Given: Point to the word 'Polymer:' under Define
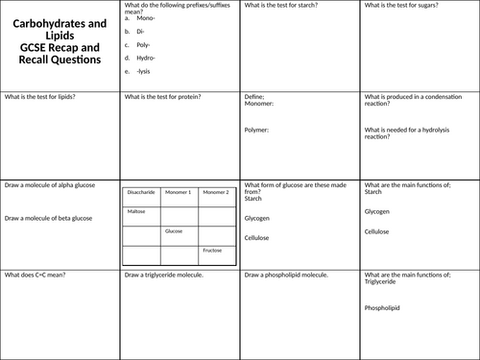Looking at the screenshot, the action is point(257,129).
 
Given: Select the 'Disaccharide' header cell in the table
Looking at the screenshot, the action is point(141,193).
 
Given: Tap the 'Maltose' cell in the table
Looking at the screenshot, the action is point(137,211).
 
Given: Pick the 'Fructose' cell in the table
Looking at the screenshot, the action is point(212,250).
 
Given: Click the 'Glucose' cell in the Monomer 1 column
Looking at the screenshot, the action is point(174,230).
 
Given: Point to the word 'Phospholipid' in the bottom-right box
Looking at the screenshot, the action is point(382,308).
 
